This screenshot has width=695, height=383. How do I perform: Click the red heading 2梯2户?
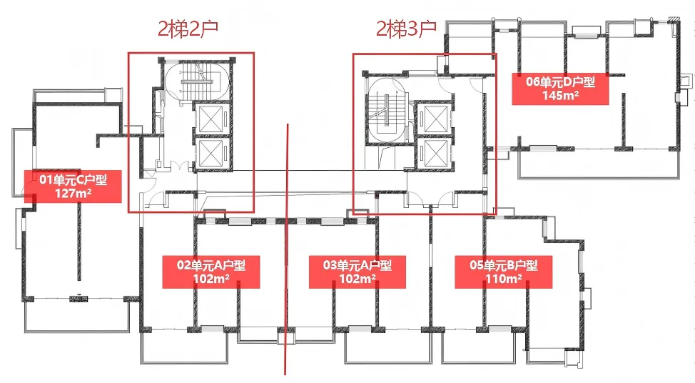coord(188,29)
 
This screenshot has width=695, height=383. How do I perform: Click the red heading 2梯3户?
coord(406,29)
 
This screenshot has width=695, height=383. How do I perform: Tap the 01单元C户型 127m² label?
coord(73,186)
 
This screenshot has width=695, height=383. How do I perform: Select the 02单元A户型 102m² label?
coord(211,272)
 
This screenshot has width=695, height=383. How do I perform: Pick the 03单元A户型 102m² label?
coord(357,272)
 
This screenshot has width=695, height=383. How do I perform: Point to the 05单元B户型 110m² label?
coord(504,272)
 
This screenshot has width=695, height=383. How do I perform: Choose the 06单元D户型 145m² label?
coord(560,89)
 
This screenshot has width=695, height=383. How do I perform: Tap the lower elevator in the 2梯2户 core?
coord(211,153)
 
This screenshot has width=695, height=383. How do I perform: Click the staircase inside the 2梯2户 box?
coord(197,83)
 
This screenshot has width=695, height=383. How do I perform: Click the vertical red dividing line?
coord(286,249)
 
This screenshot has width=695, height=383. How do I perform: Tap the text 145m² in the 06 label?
coord(560,95)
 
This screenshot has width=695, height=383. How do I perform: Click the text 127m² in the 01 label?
coord(73,193)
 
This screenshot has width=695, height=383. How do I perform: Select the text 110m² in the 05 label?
coord(504,279)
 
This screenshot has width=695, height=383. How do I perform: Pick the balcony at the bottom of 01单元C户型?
coord(77,316)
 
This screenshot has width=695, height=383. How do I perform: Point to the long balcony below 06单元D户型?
coord(599,164)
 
